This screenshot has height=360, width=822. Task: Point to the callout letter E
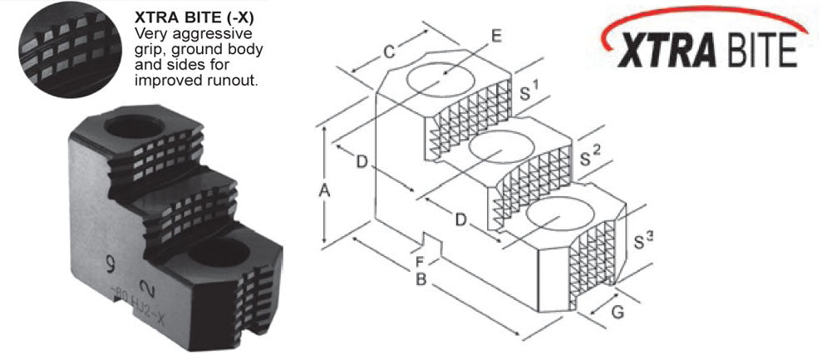click(496, 36)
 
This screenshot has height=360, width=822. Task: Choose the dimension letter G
click(615, 313)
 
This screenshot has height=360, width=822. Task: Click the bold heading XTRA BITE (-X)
click(194, 16)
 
